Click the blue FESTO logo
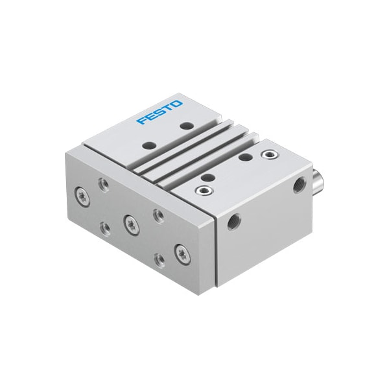(x=159, y=111)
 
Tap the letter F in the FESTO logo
(x=141, y=120)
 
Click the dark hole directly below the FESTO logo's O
(x=187, y=125)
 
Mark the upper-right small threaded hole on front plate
(x=158, y=213)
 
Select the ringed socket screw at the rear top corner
(x=266, y=154)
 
